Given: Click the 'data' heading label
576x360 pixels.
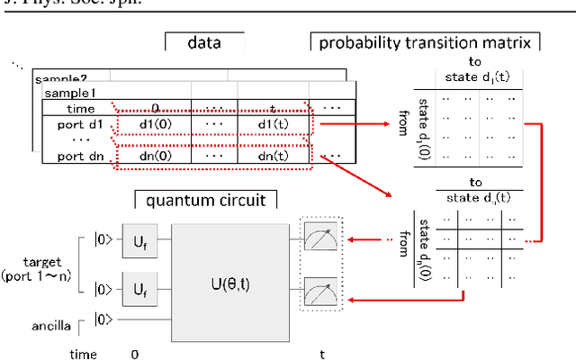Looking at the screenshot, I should [204, 42].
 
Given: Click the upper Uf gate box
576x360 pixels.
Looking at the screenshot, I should [139, 240].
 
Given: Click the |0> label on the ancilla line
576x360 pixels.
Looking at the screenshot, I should [105, 318].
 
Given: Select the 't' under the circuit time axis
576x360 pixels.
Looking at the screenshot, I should [322, 354].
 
